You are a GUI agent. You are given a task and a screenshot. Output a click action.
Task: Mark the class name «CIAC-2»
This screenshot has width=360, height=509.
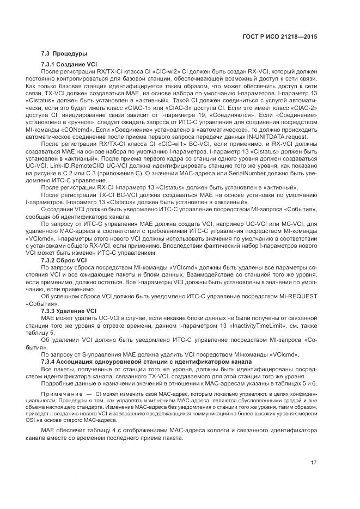point(302,108)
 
